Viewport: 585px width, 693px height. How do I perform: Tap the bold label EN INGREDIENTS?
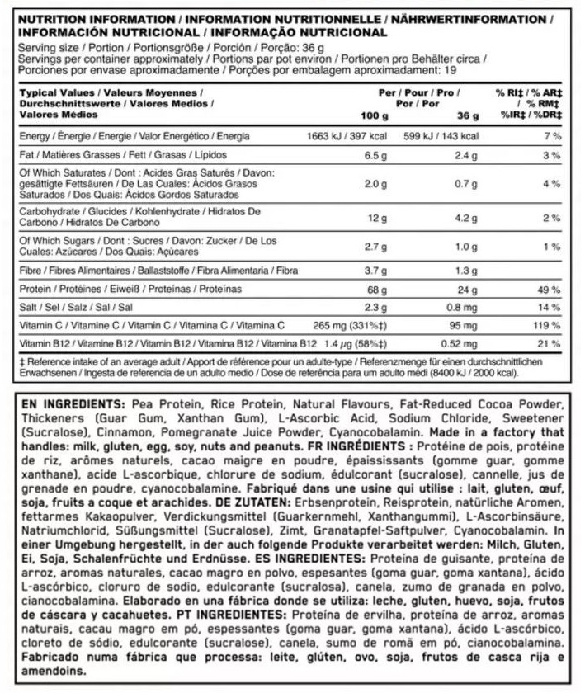coord(64,405)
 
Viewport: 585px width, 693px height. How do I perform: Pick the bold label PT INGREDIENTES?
coord(224,615)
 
